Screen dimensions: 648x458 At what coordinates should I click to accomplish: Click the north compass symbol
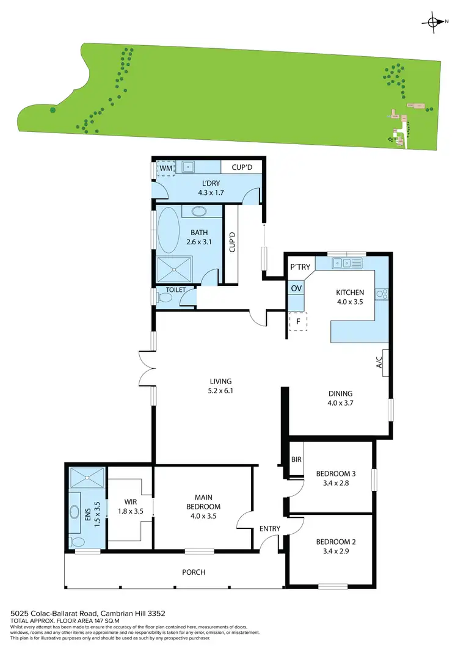coord(434,23)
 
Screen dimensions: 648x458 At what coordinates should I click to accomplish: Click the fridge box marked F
coord(298,321)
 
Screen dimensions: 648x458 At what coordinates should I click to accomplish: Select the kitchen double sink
coord(346,264)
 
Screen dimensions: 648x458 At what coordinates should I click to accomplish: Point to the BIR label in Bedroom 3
coord(297,459)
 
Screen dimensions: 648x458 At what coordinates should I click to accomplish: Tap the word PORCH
coord(193,572)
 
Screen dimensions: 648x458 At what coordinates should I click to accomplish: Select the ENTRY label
coord(269,529)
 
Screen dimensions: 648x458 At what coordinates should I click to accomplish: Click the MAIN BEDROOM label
coord(203,501)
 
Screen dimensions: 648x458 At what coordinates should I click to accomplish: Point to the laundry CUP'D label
coord(238,167)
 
